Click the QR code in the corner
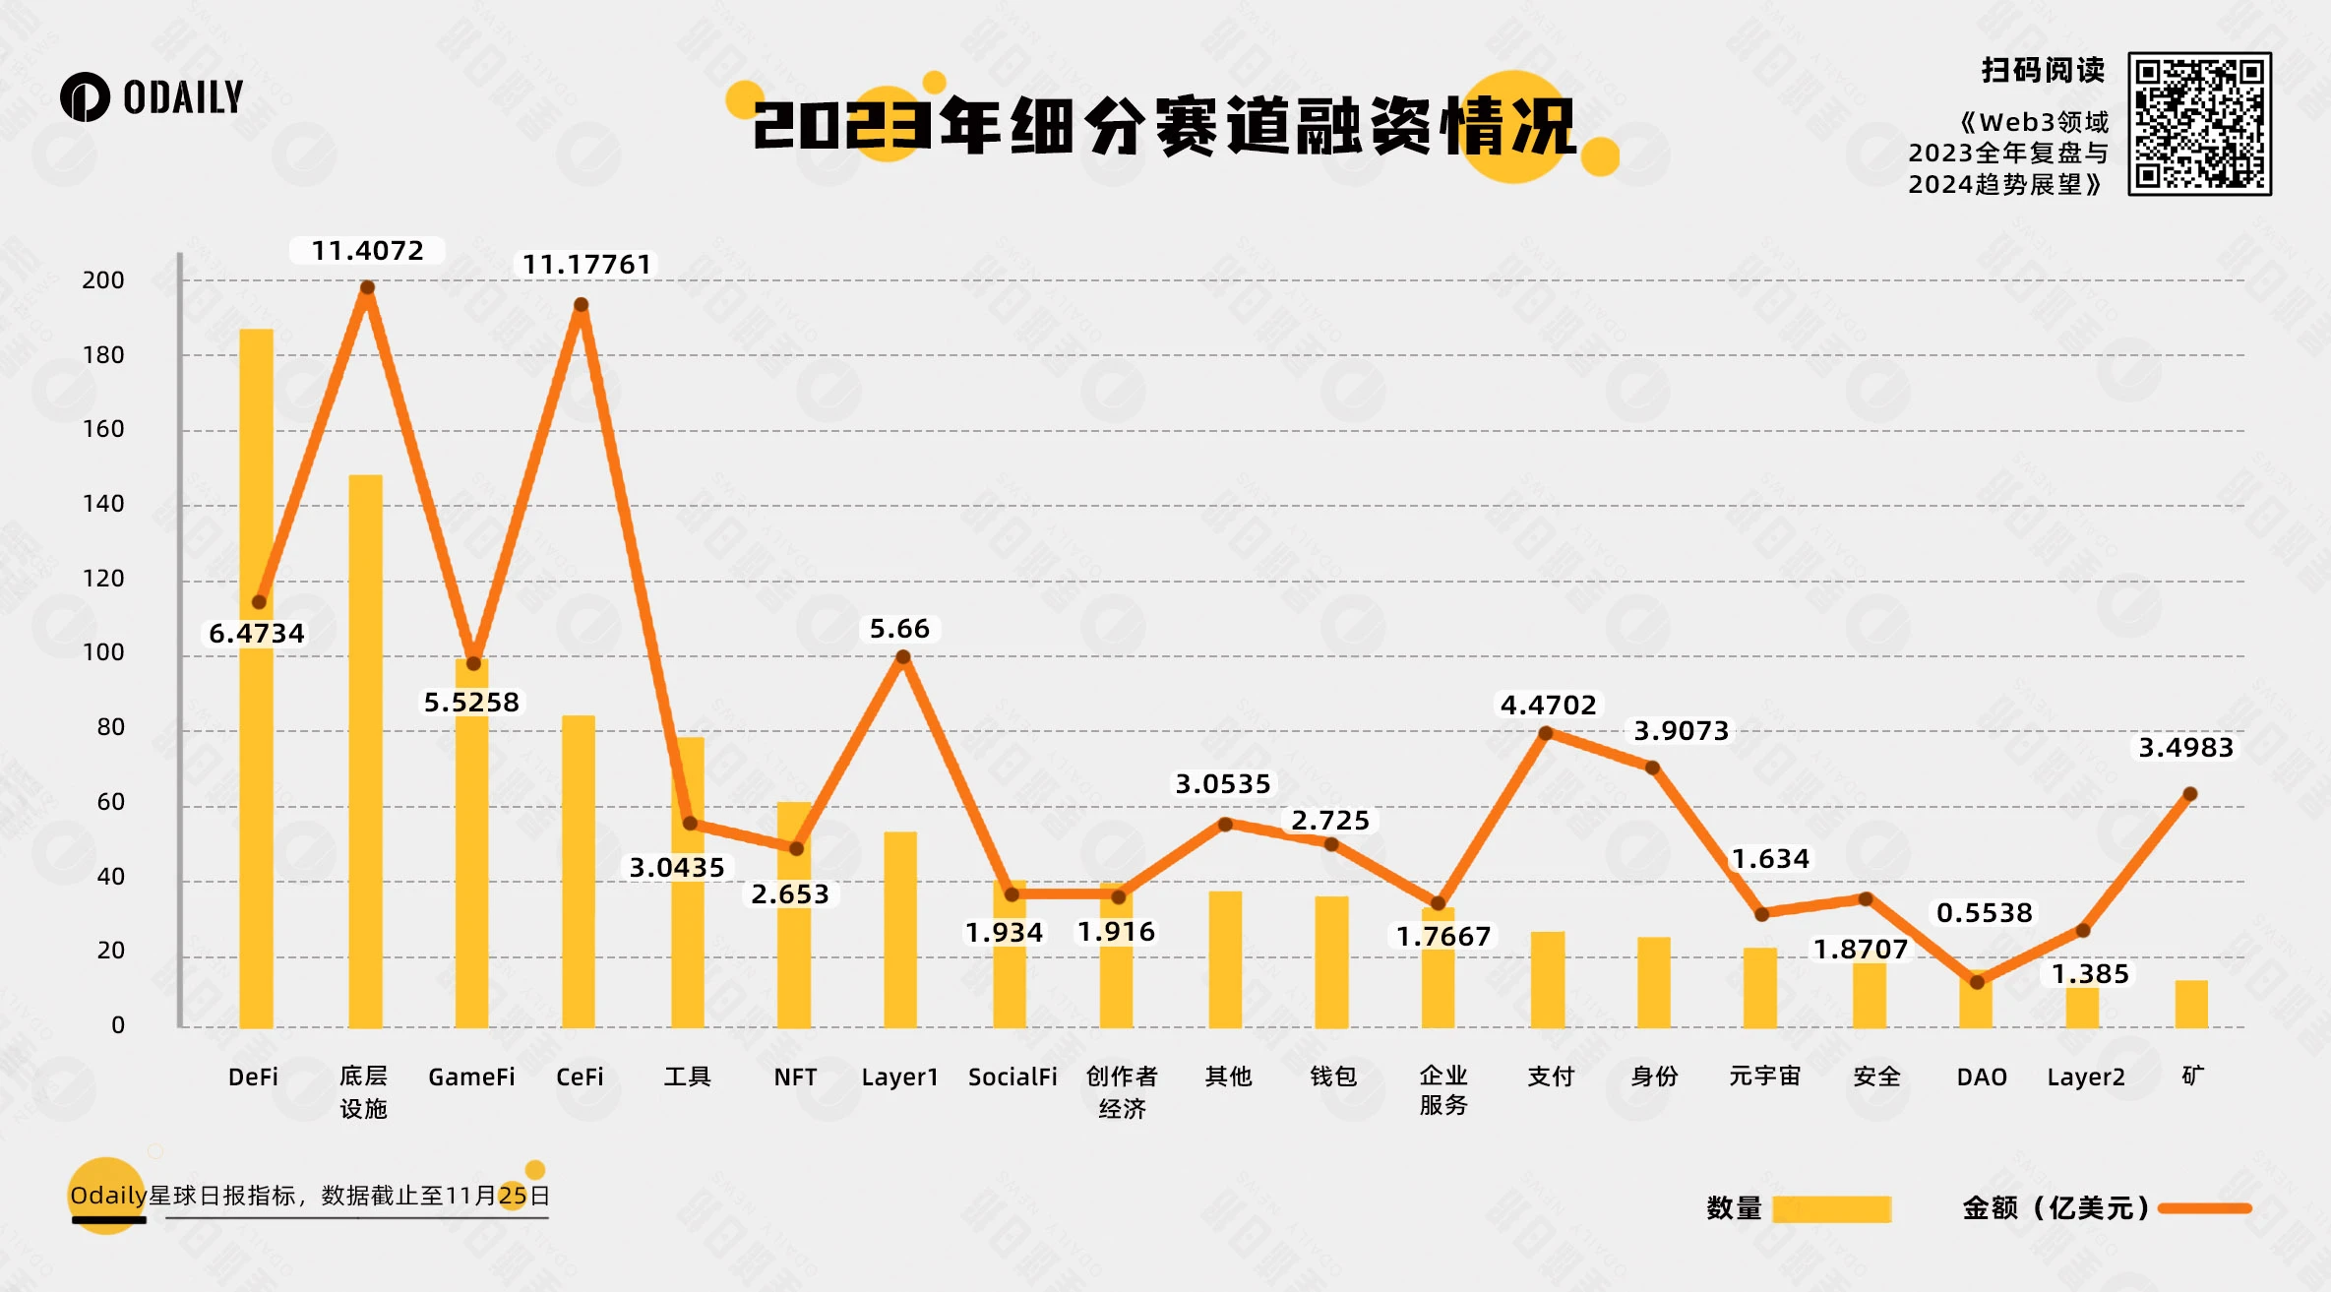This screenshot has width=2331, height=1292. point(2199,124)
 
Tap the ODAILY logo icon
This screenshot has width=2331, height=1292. point(85,97)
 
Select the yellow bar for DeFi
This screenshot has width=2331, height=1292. point(257,679)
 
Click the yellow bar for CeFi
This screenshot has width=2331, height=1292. point(579,871)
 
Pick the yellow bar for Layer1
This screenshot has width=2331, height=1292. point(900,930)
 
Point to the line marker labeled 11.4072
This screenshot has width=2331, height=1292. point(367,287)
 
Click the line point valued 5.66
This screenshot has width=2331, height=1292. point(902,657)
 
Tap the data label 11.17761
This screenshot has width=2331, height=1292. point(586,265)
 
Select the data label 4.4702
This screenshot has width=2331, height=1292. point(1548,705)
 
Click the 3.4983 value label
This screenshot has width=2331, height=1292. point(2185,748)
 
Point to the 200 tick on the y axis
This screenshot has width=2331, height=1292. point(103,280)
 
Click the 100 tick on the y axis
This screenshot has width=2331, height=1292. point(103,652)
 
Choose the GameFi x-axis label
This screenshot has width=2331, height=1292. point(471,1077)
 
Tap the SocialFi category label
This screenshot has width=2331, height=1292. point(1012,1077)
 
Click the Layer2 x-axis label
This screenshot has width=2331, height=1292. point(2085,1077)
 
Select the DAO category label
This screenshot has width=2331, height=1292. point(1981,1077)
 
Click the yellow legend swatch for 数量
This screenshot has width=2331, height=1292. point(1831,1208)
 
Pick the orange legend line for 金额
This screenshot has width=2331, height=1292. point(2204,1208)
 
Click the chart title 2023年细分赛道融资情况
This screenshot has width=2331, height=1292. point(1165,127)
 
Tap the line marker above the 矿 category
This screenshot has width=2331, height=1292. point(2190,794)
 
